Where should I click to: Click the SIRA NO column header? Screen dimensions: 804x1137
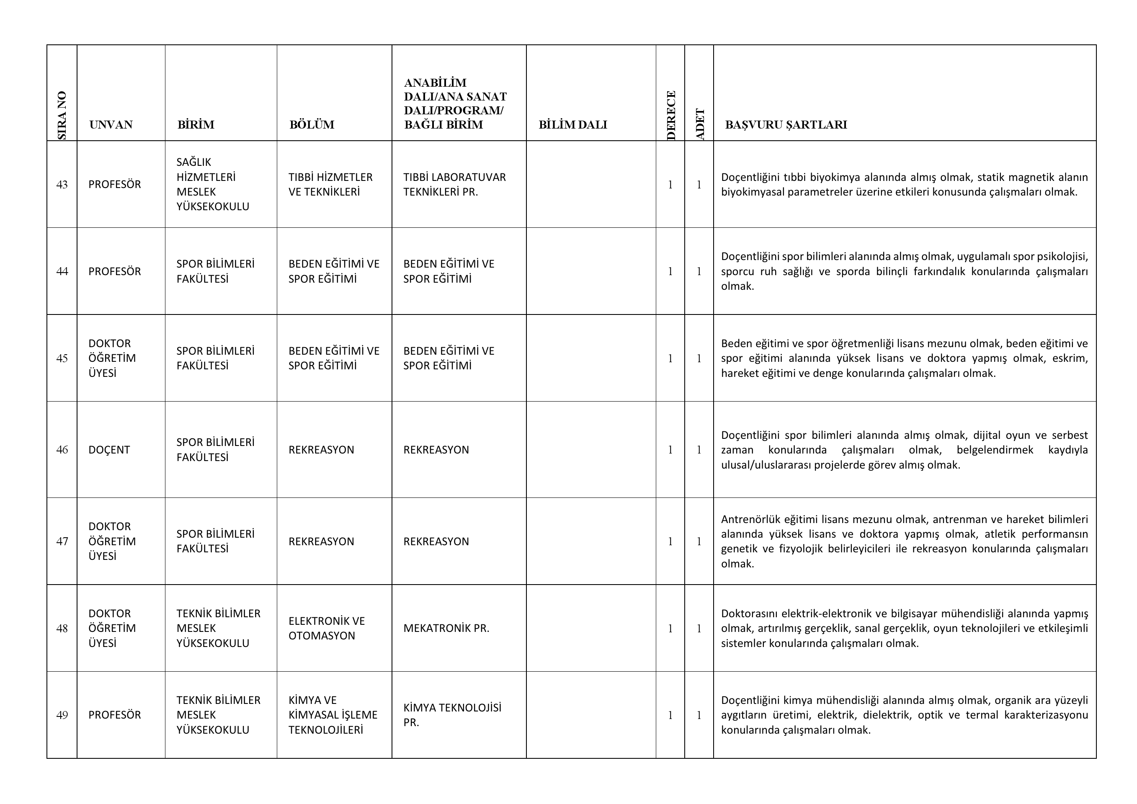pyautogui.click(x=62, y=115)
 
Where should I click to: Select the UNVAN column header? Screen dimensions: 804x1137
pyautogui.click(x=111, y=125)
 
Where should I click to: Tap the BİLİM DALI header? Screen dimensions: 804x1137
pyautogui.click(x=572, y=125)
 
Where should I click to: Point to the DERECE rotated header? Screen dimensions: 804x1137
pyautogui.click(x=671, y=115)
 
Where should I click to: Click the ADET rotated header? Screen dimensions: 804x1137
pyautogui.click(x=700, y=124)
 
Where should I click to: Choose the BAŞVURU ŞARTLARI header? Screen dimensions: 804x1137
pyautogui.click(x=786, y=125)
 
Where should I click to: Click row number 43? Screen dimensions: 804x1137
pyautogui.click(x=62, y=185)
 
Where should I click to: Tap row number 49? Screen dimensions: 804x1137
pyautogui.click(x=62, y=715)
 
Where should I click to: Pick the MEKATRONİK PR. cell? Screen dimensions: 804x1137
pyautogui.click(x=446, y=628)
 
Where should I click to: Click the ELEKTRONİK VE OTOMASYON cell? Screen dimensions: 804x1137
pyautogui.click(x=326, y=628)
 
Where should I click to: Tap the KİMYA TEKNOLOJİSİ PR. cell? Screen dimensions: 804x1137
pyautogui.click(x=452, y=715)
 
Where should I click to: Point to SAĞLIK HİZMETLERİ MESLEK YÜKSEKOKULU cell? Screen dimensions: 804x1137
pyautogui.click(x=212, y=185)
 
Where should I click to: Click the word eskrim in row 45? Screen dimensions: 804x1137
pyautogui.click(x=1071, y=358)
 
